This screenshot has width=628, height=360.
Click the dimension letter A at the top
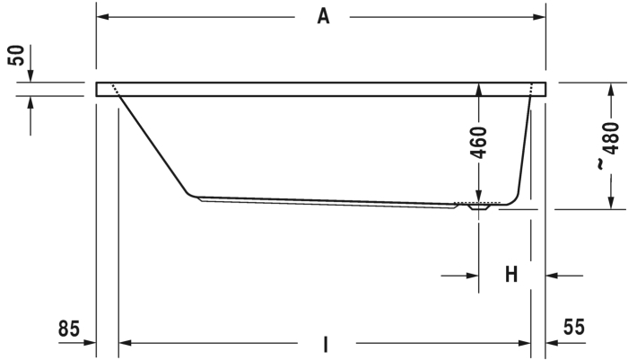click(323, 17)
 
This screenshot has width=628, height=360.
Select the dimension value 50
click(16, 56)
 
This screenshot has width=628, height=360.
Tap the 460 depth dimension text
click(479, 143)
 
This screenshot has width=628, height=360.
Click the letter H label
click(511, 275)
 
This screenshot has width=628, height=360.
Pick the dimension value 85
click(69, 329)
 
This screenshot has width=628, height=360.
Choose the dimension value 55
click(573, 327)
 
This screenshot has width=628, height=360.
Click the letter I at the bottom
click(326, 344)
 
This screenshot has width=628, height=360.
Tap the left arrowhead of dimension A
click(103, 17)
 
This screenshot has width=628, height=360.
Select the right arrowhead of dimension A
click(539, 17)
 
